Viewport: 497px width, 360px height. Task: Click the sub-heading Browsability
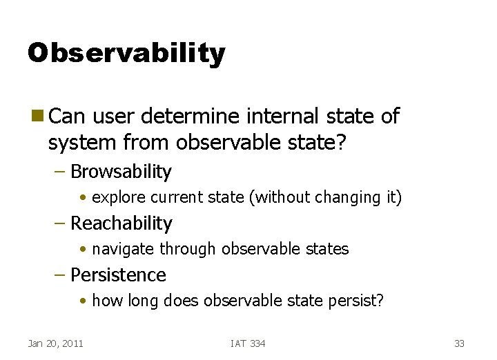click(x=121, y=171)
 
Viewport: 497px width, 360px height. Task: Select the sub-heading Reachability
click(x=121, y=223)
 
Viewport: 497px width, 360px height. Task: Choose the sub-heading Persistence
click(x=118, y=274)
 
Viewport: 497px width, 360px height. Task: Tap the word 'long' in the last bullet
click(x=139, y=301)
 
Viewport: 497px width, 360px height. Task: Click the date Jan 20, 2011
click(x=55, y=343)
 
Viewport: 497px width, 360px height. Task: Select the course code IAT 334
click(x=248, y=343)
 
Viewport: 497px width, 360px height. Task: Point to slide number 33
click(x=460, y=343)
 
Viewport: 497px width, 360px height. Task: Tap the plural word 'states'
click(x=328, y=249)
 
